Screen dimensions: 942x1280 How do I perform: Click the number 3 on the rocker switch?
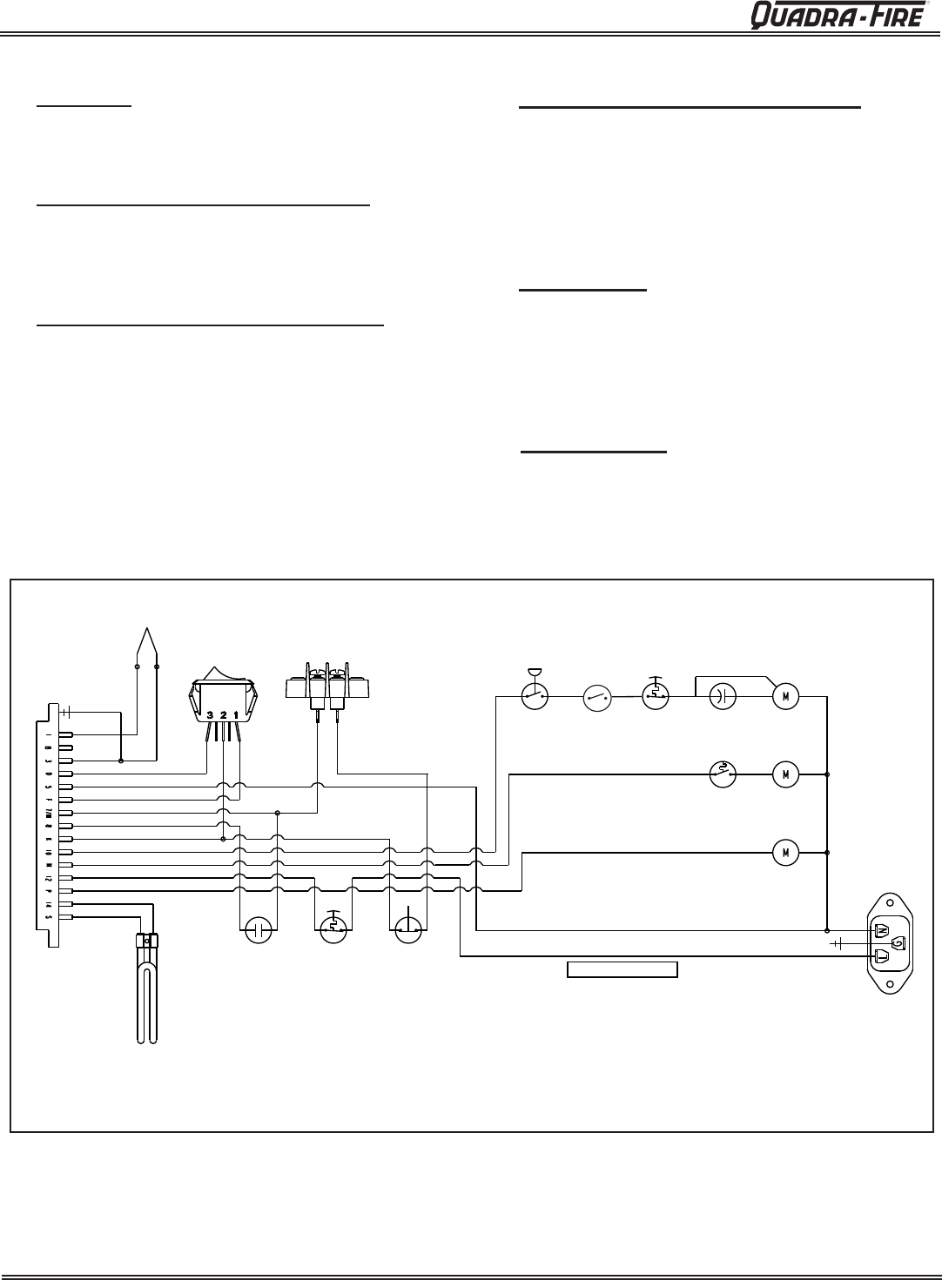point(212,715)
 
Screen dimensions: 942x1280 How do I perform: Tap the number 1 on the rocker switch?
point(236,715)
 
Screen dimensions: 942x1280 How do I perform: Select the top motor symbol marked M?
point(785,696)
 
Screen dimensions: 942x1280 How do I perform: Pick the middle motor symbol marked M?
point(785,772)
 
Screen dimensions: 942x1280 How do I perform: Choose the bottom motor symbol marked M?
point(785,852)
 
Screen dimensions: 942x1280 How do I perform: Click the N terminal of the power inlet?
point(881,930)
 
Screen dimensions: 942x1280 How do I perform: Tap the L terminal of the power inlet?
point(881,957)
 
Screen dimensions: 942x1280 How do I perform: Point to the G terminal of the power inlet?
point(899,943)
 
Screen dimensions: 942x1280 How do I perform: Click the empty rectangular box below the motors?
point(622,969)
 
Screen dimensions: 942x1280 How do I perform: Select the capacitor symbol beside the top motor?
point(724,696)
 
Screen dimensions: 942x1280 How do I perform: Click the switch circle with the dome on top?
point(534,695)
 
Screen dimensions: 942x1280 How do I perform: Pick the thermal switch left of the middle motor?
point(723,772)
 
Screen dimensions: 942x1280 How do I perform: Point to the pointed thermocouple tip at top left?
point(147,640)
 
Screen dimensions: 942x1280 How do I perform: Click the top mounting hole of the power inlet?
point(890,902)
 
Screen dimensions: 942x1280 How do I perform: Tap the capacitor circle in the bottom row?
point(258,929)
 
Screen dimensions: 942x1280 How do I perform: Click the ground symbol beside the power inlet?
point(838,943)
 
